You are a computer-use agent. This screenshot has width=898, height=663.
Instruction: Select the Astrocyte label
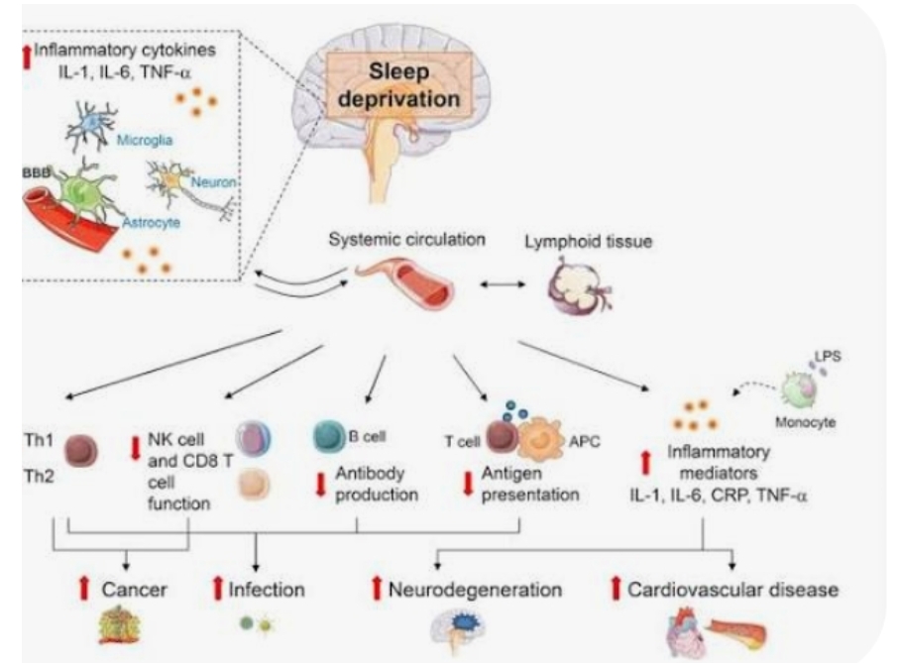click(x=151, y=224)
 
